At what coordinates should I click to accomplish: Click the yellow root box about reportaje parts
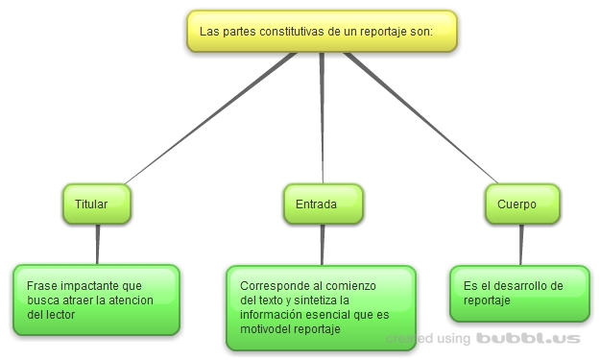pos(321,31)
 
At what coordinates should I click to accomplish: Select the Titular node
pos(96,204)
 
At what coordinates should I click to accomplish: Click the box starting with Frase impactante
pos(96,300)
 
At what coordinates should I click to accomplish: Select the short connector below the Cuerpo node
pos(521,245)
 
